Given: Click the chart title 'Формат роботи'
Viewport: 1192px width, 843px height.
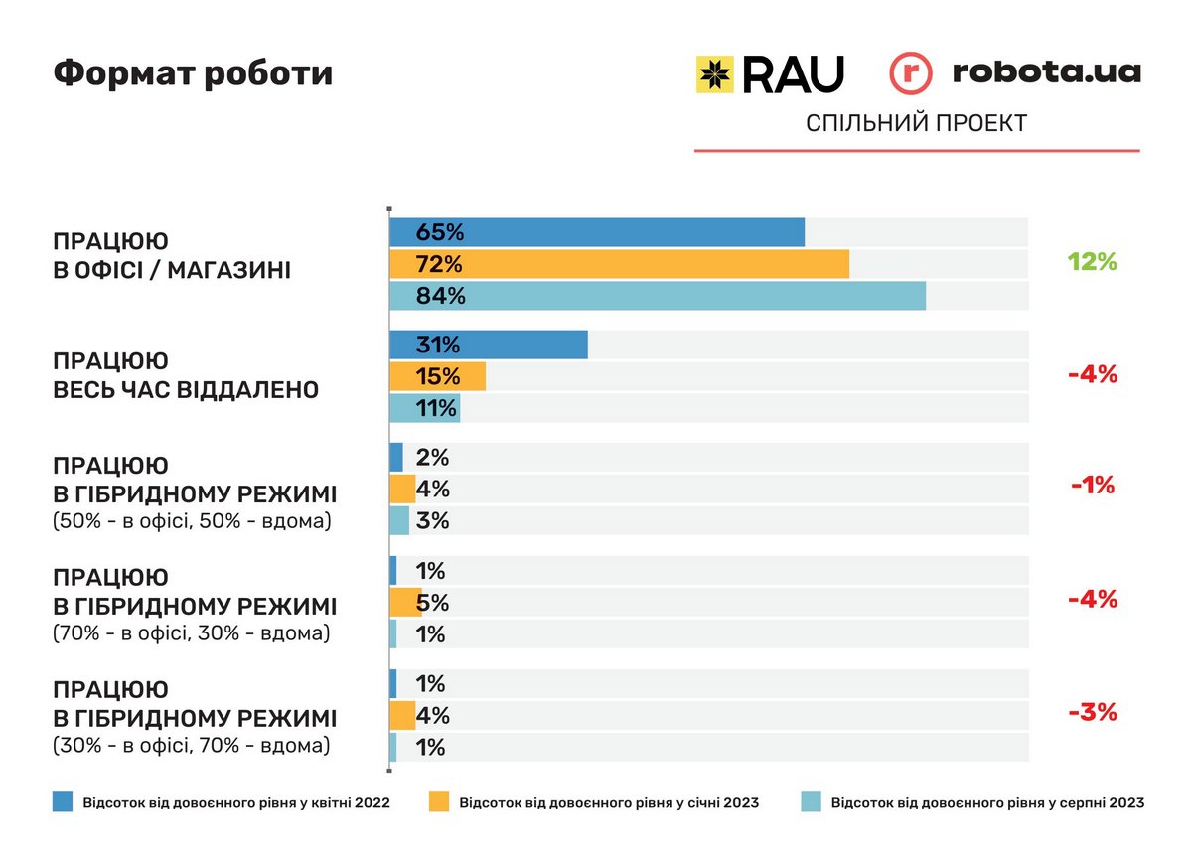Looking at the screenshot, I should (x=193, y=73).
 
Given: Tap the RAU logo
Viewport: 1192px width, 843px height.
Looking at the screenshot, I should (x=770, y=73).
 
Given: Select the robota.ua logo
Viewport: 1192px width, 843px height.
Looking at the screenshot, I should (x=1014, y=72).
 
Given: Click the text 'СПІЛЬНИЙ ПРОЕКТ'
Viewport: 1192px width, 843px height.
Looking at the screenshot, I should (x=916, y=123).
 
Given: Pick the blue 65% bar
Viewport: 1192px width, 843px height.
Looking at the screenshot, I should (x=596, y=232).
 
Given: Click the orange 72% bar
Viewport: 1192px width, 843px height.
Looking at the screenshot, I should (x=619, y=264).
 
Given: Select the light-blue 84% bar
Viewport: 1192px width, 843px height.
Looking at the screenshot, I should (x=657, y=296).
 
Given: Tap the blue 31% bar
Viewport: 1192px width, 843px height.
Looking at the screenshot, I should (x=488, y=345).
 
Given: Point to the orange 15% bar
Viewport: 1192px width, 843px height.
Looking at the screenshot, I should (x=437, y=376).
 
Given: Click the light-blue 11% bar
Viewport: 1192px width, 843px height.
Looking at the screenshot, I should (x=424, y=408).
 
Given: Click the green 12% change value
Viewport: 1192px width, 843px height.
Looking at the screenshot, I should (x=1093, y=262).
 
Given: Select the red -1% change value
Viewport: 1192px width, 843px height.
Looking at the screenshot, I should (x=1093, y=486).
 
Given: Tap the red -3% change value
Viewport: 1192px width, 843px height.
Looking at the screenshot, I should (x=1093, y=712).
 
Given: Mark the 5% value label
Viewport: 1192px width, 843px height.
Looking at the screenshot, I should (x=433, y=603).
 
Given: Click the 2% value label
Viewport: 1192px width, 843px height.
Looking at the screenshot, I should (x=433, y=458).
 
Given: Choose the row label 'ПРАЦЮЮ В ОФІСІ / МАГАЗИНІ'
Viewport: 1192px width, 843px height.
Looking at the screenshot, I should (x=172, y=255).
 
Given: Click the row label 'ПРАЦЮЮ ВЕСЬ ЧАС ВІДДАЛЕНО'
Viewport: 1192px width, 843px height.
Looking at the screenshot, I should (x=186, y=375).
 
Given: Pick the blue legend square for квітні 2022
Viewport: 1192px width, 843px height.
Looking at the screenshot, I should (x=63, y=802).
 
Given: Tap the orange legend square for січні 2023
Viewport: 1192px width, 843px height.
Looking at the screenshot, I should (x=439, y=802).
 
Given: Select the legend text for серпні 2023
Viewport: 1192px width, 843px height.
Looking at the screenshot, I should (x=987, y=802).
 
